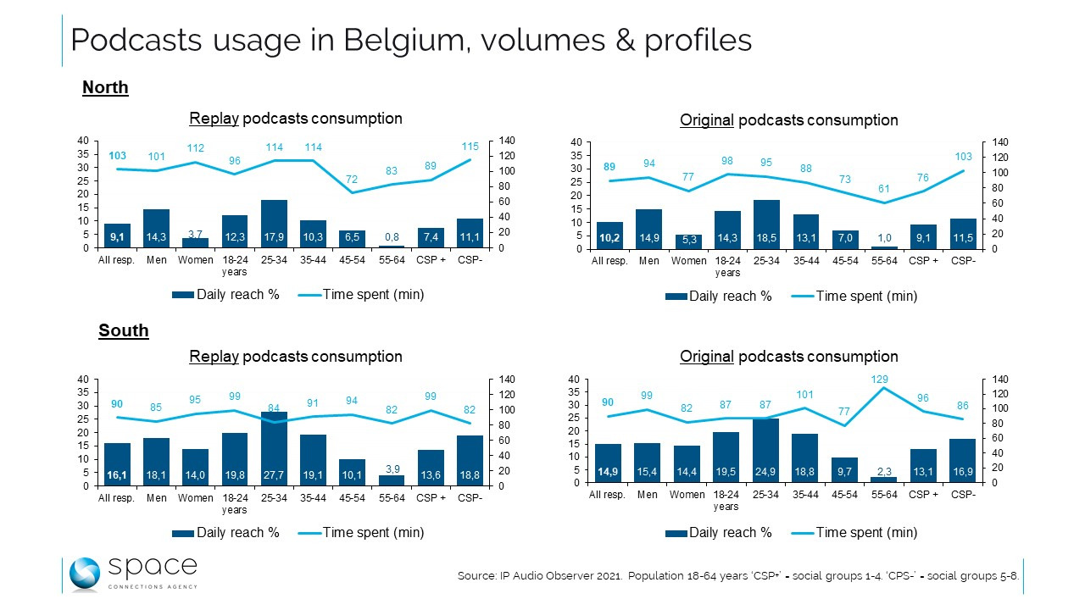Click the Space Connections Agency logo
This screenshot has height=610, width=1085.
132,574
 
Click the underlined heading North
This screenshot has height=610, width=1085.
105,87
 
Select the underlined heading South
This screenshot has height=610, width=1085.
124,330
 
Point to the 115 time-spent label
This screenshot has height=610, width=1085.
470,146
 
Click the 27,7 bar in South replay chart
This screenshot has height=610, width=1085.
273,448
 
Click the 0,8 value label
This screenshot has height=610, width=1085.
392,237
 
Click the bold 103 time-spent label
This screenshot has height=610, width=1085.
117,156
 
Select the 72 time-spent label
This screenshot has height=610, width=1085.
353,180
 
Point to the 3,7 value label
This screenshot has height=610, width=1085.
195,233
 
